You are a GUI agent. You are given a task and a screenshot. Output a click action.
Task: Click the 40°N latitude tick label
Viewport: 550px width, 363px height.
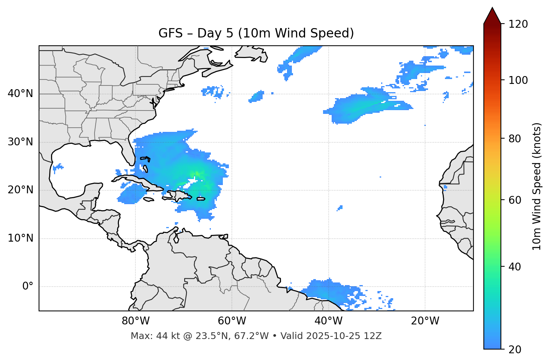click(20, 94)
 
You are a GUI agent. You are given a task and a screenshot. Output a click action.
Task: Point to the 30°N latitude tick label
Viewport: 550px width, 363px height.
click(20, 142)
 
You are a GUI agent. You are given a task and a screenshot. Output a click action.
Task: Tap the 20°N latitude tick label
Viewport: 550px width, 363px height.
click(20, 190)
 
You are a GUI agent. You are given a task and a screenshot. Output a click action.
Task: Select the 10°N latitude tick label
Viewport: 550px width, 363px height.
click(20, 238)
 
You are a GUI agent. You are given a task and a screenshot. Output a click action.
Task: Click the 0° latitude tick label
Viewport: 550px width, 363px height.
click(27, 287)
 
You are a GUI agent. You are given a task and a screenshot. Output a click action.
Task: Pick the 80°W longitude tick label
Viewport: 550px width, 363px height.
click(135, 321)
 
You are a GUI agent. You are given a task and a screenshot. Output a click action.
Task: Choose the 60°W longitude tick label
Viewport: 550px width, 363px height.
click(232, 321)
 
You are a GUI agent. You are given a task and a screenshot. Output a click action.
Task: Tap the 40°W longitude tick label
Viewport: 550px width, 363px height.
click(328, 321)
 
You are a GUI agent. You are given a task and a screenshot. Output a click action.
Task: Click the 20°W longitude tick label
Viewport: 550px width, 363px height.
click(425, 321)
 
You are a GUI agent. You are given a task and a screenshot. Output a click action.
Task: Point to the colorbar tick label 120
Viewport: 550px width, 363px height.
click(518, 24)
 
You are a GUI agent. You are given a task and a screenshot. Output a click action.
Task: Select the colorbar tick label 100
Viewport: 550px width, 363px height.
click(518, 80)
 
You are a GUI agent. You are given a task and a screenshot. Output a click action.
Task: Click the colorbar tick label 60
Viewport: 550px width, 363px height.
click(515, 200)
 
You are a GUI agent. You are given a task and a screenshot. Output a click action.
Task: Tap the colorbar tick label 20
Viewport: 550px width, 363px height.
click(515, 350)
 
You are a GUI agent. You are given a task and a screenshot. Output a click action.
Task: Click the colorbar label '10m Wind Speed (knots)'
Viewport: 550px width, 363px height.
click(537, 186)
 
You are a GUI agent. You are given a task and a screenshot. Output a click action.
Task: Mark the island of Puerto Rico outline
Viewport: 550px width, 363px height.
click(201, 199)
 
